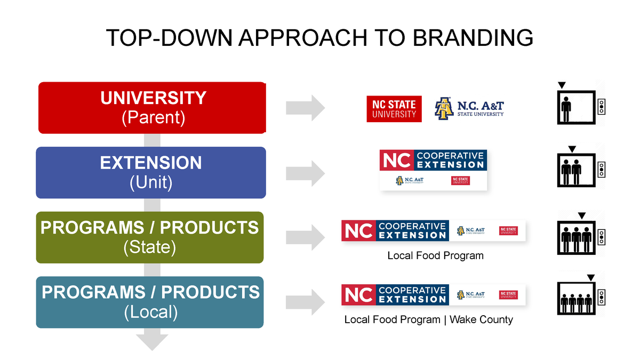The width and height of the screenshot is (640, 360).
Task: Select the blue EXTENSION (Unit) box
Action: pyautogui.click(x=151, y=172)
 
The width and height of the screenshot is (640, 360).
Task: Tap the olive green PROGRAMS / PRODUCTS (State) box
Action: pyautogui.click(x=150, y=237)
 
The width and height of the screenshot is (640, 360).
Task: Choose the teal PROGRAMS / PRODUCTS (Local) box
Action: pyautogui.click(x=150, y=302)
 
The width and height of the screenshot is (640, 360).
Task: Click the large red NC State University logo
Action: pyautogui.click(x=394, y=109)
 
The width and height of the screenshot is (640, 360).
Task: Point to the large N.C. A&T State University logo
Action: pyautogui.click(x=469, y=108)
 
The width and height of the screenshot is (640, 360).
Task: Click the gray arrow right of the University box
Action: pyautogui.click(x=305, y=108)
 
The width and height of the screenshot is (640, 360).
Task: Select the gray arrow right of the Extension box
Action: pyautogui.click(x=305, y=173)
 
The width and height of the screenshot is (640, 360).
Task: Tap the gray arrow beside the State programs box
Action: pyautogui.click(x=305, y=237)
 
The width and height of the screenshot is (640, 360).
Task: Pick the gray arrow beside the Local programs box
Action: pyautogui.click(x=305, y=302)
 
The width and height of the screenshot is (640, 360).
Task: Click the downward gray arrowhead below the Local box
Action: pyautogui.click(x=152, y=341)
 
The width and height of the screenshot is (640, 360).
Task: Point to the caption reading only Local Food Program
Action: pyautogui.click(x=435, y=256)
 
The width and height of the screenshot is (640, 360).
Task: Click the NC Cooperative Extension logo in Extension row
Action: pyautogui.click(x=433, y=169)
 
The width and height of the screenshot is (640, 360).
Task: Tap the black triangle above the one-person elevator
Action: pyautogui.click(x=561, y=85)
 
